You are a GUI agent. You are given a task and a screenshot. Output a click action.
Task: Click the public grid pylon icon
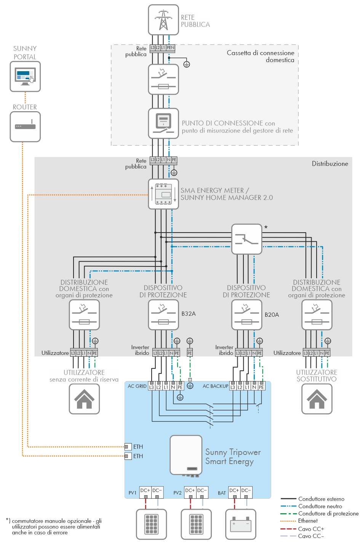coord(163,20)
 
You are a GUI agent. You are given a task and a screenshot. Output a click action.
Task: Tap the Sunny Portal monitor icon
coord(25,77)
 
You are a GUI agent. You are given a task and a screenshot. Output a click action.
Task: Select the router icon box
coord(25,126)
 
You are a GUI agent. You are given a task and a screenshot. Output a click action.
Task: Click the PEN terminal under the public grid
coord(170,48)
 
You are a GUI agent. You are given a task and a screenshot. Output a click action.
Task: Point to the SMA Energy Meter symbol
coord(163,194)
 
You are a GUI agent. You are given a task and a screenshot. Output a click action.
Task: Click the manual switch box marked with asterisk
coord(246,239)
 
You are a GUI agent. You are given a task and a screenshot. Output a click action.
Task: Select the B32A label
coord(189,314)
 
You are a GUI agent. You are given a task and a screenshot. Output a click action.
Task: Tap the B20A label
coord(272,314)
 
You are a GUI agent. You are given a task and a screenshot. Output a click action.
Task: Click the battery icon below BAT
coord(241,524)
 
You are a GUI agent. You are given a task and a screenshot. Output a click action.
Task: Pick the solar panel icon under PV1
coord(152,524)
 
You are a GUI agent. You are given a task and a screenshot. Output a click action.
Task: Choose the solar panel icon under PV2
coord(196,524)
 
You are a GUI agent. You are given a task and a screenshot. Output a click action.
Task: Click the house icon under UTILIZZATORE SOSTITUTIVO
coord(317,399)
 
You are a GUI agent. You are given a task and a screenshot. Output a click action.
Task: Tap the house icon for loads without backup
coord(84,399)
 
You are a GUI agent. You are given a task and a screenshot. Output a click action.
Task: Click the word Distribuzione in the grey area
coord(330,164)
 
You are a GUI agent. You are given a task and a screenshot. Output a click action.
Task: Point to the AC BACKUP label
coord(215,386)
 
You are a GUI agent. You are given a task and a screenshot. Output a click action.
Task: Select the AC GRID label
coord(137,386)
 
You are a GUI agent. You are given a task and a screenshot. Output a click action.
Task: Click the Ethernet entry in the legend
coord(308,521)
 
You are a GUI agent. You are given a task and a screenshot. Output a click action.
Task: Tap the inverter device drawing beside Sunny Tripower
coord(186,455)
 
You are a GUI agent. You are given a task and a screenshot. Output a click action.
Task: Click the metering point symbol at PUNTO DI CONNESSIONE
coord(163,123)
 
